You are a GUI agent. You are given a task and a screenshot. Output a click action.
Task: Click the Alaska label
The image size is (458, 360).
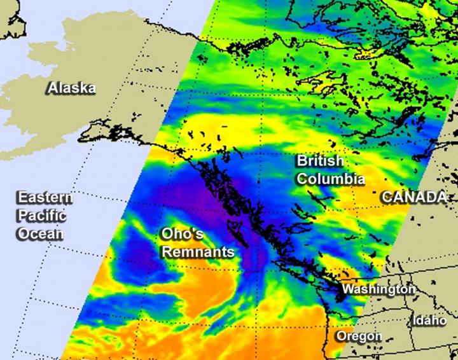(71, 88)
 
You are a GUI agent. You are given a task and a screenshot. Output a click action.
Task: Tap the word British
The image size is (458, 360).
(319, 162)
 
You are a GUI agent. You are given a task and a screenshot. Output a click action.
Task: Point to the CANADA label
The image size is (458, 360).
(414, 198)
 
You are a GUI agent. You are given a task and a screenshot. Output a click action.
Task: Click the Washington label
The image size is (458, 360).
(379, 289)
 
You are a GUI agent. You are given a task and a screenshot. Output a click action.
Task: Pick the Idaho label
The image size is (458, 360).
(429, 321)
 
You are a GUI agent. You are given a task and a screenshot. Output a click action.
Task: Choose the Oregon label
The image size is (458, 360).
(359, 336)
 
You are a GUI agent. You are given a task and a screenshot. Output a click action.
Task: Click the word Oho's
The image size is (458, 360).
(182, 234)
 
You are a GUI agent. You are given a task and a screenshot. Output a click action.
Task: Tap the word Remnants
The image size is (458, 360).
(198, 252)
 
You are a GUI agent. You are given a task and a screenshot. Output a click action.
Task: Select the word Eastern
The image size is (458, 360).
(45, 198)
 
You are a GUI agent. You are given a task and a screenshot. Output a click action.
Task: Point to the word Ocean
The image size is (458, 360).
(40, 233)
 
